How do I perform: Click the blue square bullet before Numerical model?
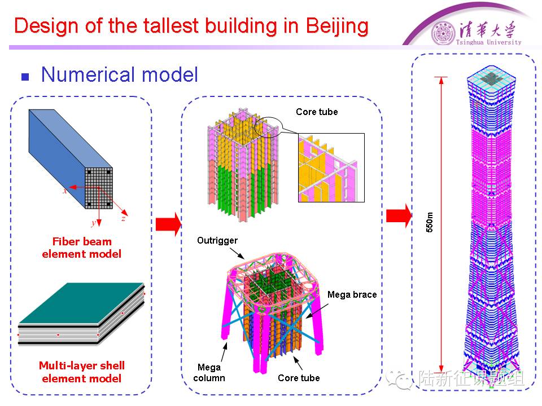pos(24,77)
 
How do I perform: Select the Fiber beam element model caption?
pos(81,248)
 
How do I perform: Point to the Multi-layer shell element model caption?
pos(81,372)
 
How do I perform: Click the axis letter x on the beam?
pos(65,191)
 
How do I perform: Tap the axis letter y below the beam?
pos(94,223)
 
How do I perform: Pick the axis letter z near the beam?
pos(123,218)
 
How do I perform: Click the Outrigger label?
pos(217,241)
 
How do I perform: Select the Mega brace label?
pos(352,294)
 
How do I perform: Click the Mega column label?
pos(209,373)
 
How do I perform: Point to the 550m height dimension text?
pos(430,223)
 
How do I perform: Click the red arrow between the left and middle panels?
pos(168,224)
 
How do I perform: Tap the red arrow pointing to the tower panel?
pos(399,215)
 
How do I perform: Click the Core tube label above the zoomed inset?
pos(317,112)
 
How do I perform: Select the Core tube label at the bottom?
pos(299,378)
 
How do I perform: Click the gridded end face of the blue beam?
pos(99,187)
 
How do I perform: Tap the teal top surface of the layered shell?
pos(79,302)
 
